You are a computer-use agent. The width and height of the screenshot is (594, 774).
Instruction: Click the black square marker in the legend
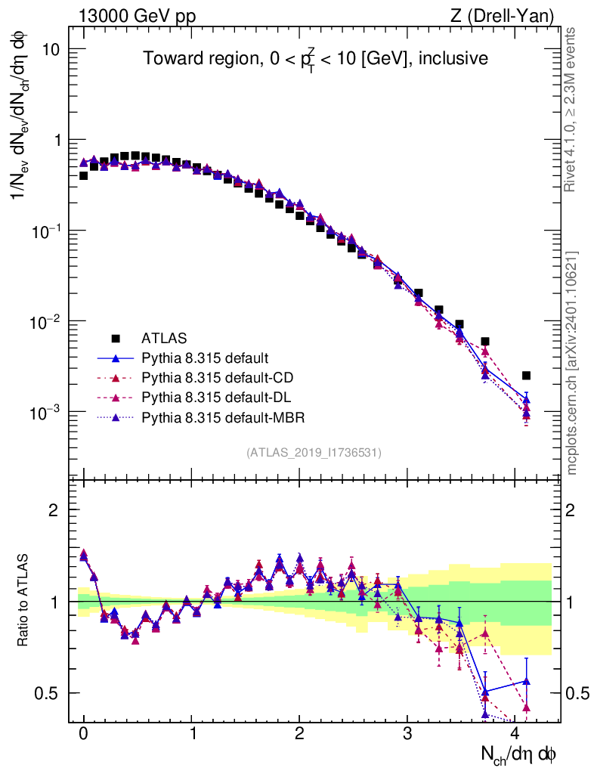[x=116, y=338]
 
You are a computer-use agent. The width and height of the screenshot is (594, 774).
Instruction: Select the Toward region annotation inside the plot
[x=315, y=58]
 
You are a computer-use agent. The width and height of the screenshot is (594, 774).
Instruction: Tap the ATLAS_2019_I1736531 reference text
[x=314, y=453]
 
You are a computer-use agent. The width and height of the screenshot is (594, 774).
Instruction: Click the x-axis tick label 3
[x=407, y=734]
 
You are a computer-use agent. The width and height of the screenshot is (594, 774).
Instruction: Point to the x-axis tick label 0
[x=83, y=734]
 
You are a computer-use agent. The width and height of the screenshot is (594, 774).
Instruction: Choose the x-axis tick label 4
[x=515, y=734]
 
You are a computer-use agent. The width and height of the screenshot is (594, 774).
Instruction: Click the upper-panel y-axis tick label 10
[x=51, y=49]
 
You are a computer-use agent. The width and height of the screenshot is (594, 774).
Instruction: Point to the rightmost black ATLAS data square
[x=526, y=376]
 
